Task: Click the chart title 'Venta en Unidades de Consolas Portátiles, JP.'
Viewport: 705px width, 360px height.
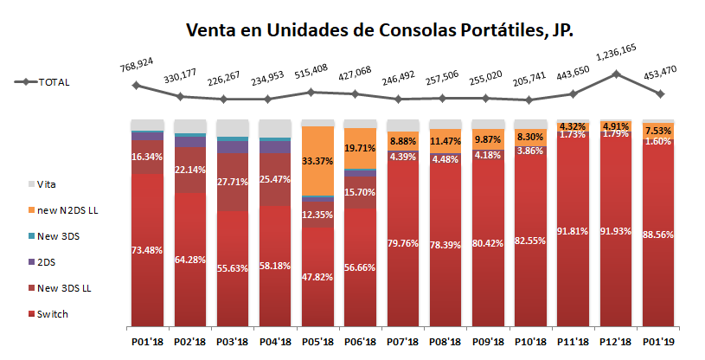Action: click(x=381, y=30)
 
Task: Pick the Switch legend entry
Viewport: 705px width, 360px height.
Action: click(x=54, y=314)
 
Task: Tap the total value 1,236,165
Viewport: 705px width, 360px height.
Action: click(x=618, y=55)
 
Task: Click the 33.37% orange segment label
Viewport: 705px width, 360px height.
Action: click(x=317, y=161)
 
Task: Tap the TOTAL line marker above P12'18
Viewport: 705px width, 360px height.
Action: click(x=617, y=74)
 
